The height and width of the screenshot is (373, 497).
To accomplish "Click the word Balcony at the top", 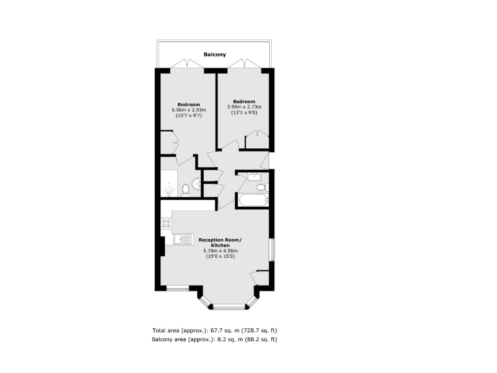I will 214,55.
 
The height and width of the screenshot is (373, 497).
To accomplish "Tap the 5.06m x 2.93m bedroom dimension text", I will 189,110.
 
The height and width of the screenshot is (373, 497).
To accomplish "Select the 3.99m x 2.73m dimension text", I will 244,107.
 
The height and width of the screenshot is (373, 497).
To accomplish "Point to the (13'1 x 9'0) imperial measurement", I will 244,112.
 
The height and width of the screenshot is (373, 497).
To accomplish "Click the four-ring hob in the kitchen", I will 166,224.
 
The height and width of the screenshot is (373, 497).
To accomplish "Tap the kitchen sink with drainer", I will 182,240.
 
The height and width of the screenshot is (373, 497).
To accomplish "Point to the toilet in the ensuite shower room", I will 185,189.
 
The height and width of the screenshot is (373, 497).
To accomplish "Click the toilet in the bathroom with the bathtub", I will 261,188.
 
